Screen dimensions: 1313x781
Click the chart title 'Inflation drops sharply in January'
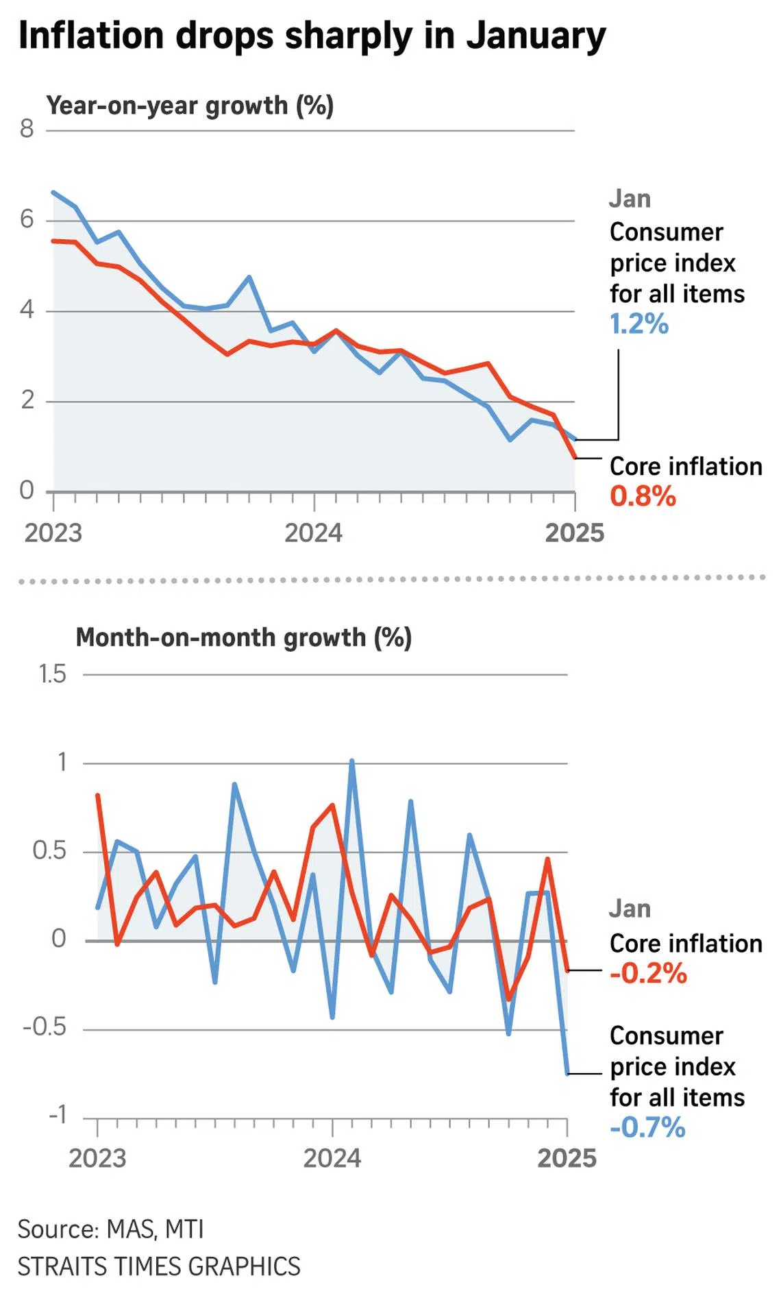312,36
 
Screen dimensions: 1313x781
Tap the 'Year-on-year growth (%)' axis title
190,106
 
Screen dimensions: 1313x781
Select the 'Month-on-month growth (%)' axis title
243,637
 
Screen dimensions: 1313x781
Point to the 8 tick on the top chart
27,128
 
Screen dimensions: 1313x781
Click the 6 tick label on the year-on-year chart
27,219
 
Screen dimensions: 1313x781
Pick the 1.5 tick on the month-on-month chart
52,674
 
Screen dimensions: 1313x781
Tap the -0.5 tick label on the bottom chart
45,1027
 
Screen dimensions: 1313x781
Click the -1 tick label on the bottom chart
57,1114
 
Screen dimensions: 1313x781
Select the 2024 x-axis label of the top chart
313,532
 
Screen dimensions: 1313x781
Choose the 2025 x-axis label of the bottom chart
567,1157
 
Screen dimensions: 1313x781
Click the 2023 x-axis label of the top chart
53,532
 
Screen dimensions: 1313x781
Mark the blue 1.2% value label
639,323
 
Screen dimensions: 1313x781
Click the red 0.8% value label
643,496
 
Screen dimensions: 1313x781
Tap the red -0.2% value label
648,973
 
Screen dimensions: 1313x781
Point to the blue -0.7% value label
647,1127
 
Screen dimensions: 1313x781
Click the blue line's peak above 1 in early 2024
352,761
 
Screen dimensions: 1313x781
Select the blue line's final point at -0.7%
567,1073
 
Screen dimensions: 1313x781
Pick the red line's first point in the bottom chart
98,796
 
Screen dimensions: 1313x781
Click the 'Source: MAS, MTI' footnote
110,1229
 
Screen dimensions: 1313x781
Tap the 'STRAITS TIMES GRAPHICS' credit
159,1266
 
